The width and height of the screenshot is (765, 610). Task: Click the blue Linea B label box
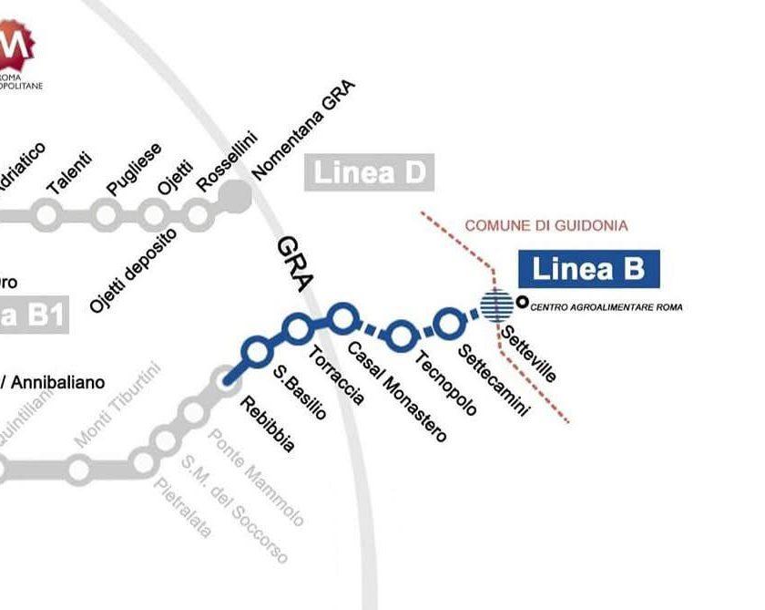587,269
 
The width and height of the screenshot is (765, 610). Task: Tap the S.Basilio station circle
258,349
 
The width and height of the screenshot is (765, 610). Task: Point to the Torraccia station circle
298,328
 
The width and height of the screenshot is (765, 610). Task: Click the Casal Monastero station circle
342,317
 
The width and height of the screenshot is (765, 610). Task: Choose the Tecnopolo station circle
400,335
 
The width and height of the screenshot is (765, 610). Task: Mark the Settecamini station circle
448,322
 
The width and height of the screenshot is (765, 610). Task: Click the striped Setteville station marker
497,304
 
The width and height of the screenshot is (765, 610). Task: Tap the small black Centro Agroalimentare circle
522,303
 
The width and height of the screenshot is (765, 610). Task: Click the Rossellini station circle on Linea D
198,214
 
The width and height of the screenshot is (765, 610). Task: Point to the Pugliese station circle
107,214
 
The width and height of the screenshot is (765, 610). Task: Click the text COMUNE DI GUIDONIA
546,225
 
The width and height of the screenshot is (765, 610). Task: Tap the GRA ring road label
294,264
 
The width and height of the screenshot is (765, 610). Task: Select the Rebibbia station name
265,425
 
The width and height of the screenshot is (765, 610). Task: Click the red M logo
16,44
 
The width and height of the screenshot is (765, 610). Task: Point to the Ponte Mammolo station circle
193,413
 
